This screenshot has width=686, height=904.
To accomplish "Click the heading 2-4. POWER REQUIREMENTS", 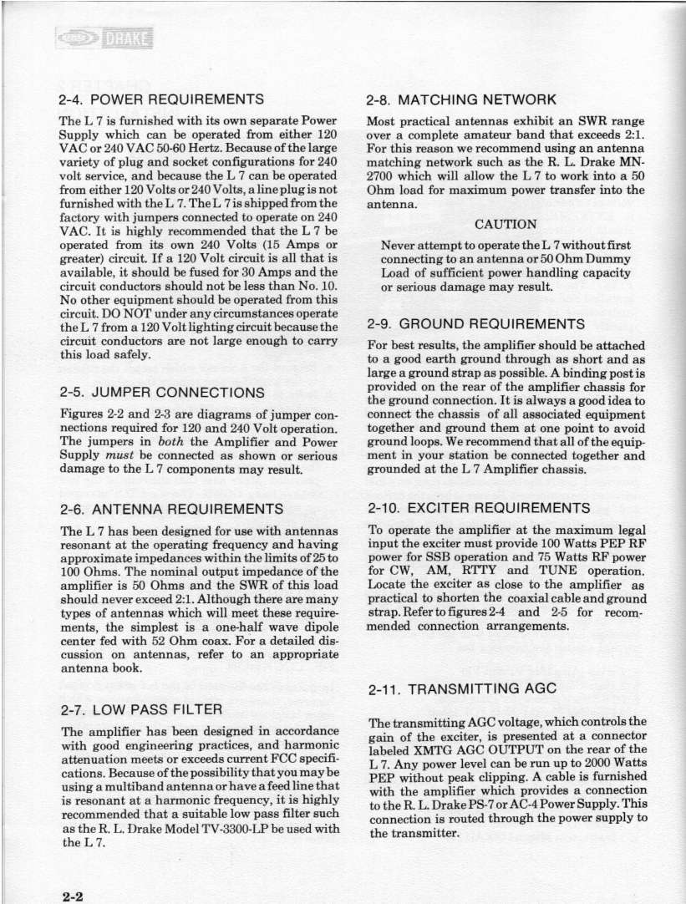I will tap(162, 99).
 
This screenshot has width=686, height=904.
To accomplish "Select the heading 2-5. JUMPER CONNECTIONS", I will tap(162, 392).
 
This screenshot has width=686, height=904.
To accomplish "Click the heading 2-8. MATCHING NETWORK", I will tap(461, 99).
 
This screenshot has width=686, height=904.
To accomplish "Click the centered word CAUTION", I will tap(506, 224).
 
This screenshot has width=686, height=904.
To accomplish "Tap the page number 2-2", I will tap(74, 893).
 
